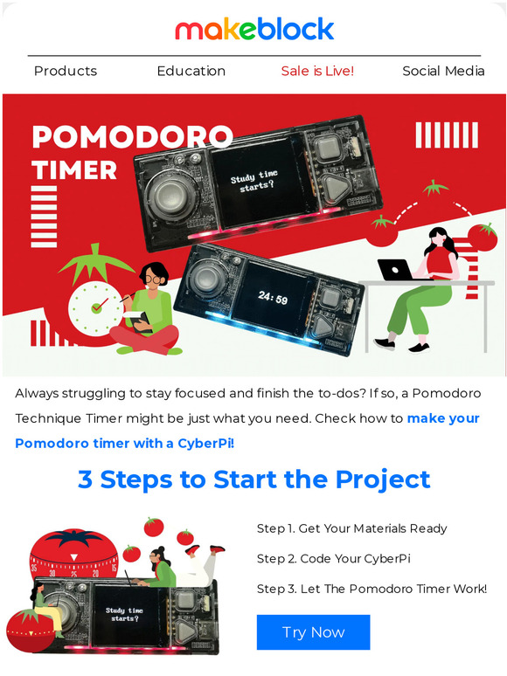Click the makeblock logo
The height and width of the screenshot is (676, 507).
click(253, 29)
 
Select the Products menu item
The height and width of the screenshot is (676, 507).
click(66, 71)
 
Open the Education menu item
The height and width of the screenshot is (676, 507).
click(191, 71)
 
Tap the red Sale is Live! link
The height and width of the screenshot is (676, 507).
click(317, 71)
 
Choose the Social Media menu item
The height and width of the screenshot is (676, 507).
click(443, 71)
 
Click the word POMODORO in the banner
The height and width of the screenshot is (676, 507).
click(132, 137)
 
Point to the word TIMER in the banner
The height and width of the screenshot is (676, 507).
click(74, 169)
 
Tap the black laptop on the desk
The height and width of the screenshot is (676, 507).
click(395, 270)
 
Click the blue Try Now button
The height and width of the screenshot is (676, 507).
click(313, 632)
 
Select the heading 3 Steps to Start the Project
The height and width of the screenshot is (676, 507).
click(253, 479)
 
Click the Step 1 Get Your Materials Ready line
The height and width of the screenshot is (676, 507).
click(351, 528)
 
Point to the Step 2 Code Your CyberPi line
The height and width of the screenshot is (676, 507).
click(333, 559)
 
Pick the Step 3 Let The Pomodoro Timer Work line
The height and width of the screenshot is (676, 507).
click(372, 589)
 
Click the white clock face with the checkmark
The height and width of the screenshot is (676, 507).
click(92, 307)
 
